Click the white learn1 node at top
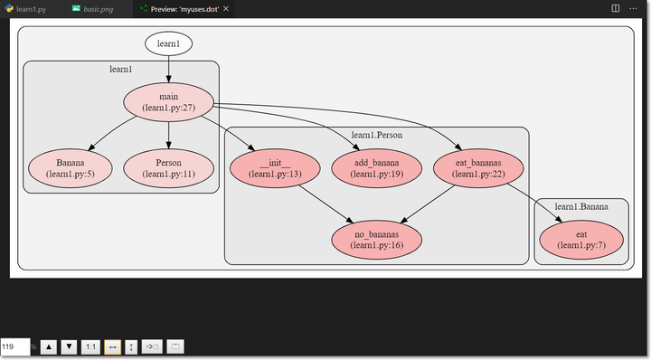(x=168, y=43)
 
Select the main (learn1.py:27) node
(x=168, y=101)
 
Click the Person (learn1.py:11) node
(x=168, y=168)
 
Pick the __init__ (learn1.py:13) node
(x=274, y=168)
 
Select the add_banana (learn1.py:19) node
(x=376, y=168)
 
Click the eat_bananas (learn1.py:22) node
(x=479, y=168)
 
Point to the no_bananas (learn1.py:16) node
(x=376, y=239)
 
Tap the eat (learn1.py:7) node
(x=581, y=239)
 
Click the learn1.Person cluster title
(x=376, y=135)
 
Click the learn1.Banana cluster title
(x=581, y=206)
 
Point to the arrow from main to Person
(x=168, y=134)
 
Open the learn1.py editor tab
(x=32, y=8)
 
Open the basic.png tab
(x=99, y=8)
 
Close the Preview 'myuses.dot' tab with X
(x=226, y=8)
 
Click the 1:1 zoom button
(x=90, y=346)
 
